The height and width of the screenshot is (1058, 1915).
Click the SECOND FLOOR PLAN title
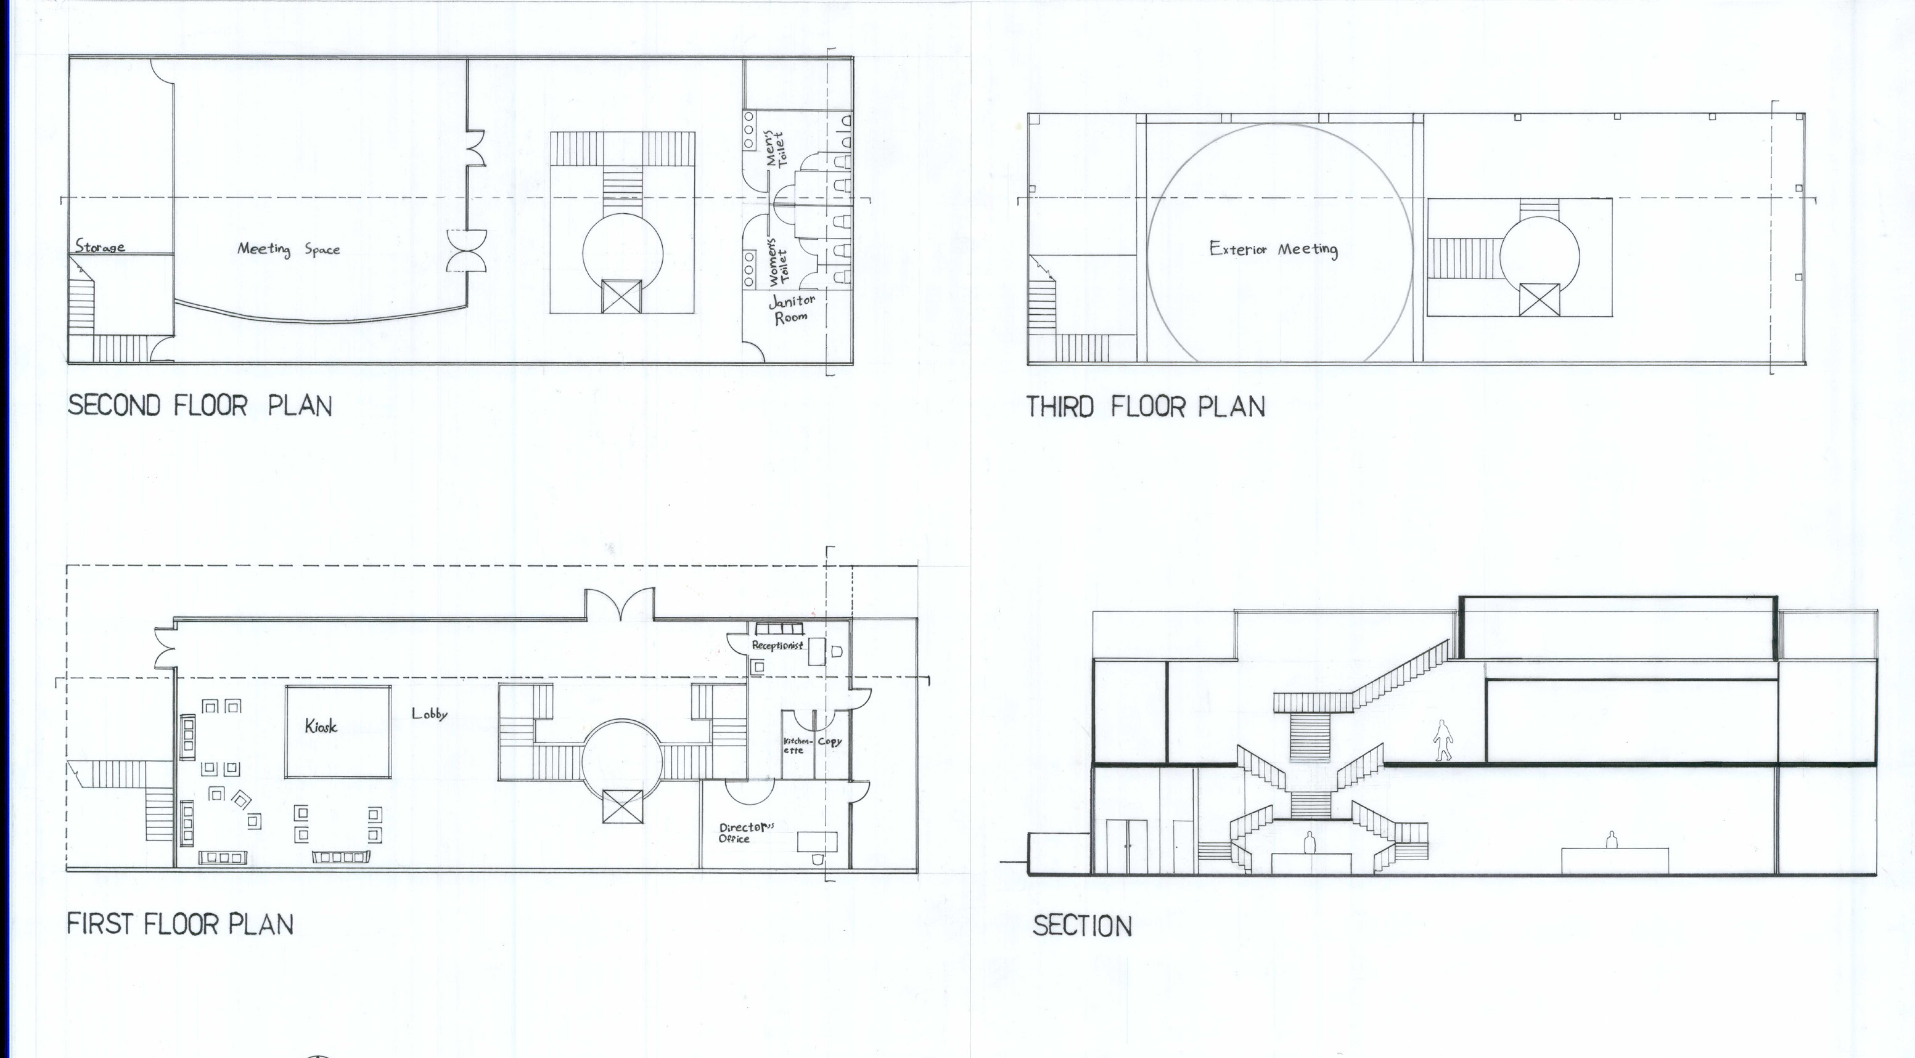click(200, 405)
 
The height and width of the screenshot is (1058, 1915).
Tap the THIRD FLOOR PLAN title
click(1146, 407)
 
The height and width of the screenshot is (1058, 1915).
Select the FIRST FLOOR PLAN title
click(181, 924)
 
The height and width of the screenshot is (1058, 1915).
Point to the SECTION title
click(1083, 926)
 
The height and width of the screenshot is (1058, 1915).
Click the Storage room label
click(100, 246)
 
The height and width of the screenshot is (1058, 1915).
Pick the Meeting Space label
click(289, 250)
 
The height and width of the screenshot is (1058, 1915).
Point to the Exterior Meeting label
click(1273, 250)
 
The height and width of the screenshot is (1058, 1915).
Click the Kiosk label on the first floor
click(321, 726)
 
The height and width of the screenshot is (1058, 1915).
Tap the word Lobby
click(430, 714)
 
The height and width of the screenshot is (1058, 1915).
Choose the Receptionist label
click(777, 645)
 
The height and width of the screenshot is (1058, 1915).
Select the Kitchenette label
click(795, 745)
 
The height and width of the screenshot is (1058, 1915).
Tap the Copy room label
click(830, 741)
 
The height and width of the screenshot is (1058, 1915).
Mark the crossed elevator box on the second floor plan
click(620, 296)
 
